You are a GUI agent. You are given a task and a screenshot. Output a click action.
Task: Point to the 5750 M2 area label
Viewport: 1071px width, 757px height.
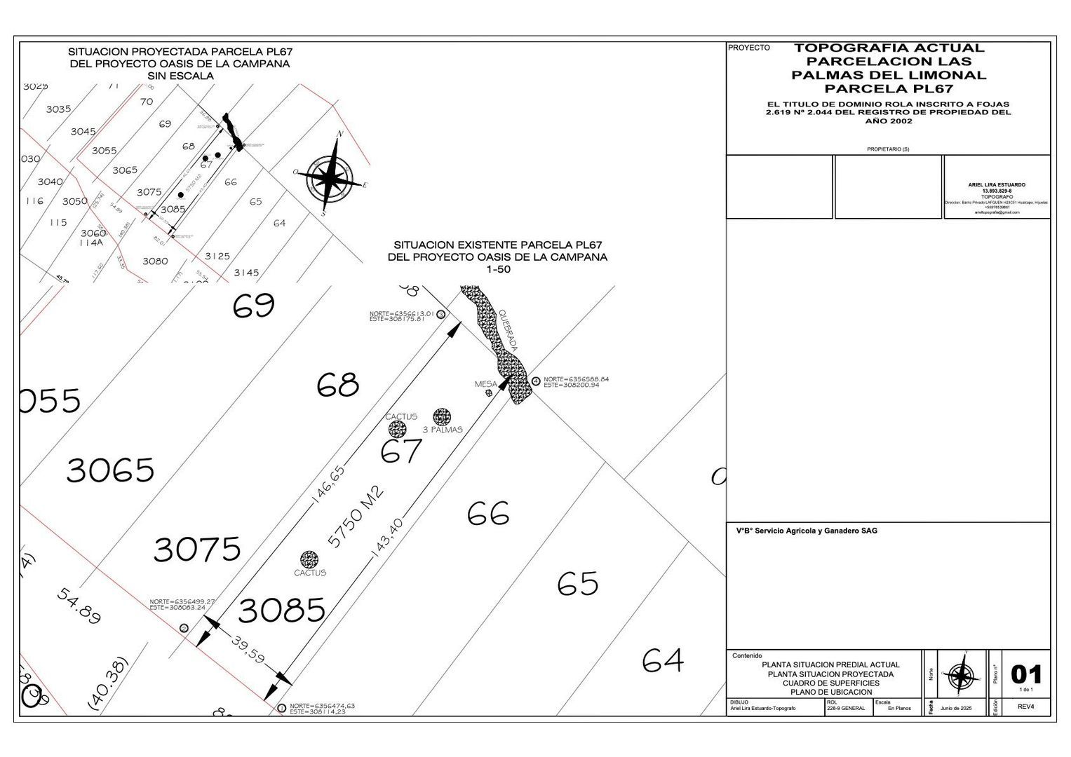coord(357,517)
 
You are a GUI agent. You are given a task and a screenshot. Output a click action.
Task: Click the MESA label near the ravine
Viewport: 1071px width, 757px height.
coord(485,384)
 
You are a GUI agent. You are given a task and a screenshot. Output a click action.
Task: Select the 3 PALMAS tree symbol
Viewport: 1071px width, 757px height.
coord(441,417)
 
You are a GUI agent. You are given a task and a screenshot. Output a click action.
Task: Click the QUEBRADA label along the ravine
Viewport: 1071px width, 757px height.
coord(508,331)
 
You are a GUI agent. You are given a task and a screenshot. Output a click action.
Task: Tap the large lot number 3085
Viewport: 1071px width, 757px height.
coord(281,611)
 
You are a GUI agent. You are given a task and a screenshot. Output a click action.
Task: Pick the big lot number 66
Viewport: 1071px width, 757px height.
coord(488,514)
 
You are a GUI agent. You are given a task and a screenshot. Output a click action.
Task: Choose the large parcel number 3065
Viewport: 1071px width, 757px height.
coord(110,470)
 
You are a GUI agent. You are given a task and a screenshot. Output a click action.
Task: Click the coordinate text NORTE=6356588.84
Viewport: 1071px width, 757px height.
coord(576,379)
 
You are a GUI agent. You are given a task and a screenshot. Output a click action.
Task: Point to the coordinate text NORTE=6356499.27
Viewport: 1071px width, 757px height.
coord(182,601)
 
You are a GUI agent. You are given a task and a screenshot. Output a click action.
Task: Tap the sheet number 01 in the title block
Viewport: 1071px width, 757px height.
coord(1026,674)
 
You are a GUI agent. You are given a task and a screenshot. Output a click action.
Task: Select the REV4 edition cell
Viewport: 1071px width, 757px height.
coord(1026,707)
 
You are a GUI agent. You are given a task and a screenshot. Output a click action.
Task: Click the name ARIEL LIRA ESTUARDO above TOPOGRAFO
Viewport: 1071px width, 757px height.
coord(997,185)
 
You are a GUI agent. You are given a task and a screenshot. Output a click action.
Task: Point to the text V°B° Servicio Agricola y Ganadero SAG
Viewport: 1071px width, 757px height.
coord(807,531)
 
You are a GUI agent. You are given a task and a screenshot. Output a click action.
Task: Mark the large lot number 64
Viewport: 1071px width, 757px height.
coord(663,660)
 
